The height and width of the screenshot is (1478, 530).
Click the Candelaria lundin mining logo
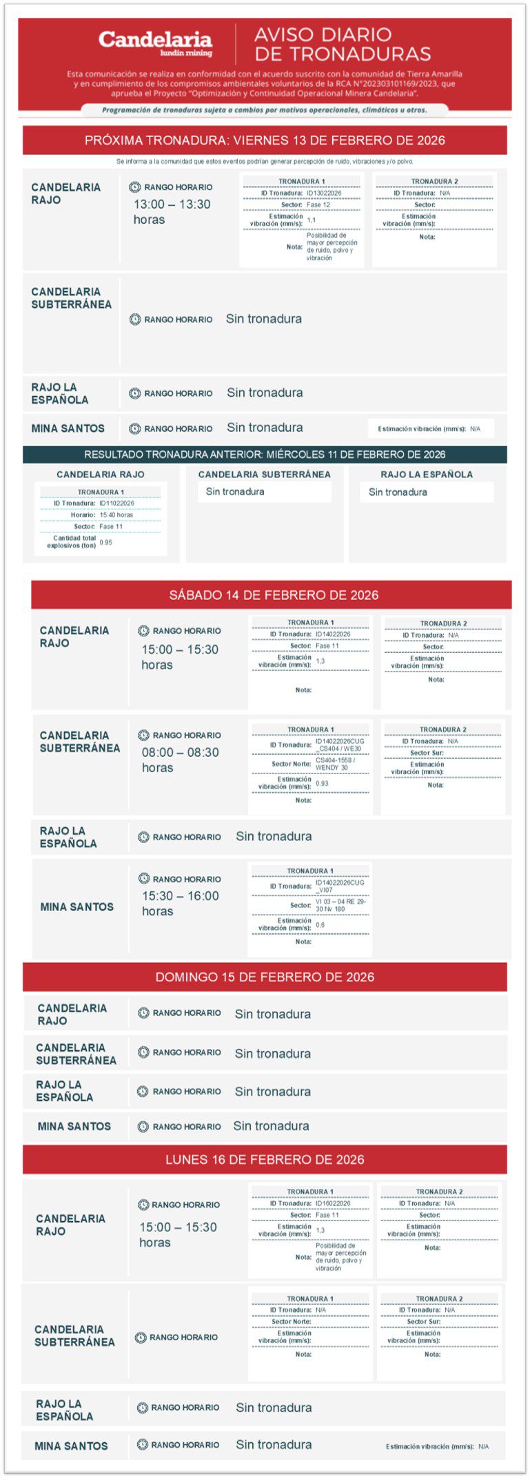pos(155,43)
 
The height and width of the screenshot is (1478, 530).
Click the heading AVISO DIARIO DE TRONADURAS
pos(343,44)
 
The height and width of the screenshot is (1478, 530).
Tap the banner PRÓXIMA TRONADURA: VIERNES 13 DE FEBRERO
pos(265,140)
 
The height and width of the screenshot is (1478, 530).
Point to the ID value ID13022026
pos(324,194)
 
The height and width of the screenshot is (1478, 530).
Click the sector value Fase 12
pos(318,205)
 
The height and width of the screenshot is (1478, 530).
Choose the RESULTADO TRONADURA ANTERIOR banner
pos(265,455)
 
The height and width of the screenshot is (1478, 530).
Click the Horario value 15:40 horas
pos(116,515)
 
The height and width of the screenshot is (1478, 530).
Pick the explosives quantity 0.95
pos(105,543)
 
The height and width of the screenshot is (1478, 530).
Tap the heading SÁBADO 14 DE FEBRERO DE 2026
pos(274,595)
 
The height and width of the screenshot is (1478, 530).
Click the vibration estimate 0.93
pos(322,784)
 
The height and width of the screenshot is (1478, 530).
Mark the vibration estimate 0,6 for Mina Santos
pos(320,925)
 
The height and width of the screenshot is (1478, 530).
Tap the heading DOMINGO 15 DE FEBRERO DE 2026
pos(265,977)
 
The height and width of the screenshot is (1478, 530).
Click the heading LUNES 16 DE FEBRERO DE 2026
pos(265,1160)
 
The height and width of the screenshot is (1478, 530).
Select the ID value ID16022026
pos(333,1204)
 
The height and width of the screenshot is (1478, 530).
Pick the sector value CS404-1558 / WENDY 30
pos(335,764)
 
